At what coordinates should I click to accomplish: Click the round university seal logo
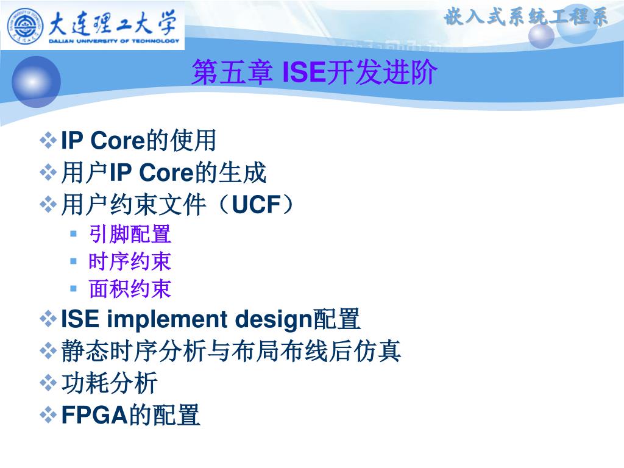click(x=24, y=26)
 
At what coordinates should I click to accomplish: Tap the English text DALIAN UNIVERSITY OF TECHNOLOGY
click(x=114, y=41)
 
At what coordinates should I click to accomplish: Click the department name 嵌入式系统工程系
click(x=525, y=18)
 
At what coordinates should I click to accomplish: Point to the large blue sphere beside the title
click(x=36, y=82)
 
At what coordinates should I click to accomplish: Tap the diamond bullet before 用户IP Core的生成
click(x=48, y=172)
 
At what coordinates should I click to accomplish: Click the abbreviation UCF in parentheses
click(x=257, y=205)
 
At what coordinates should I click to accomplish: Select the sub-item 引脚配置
click(x=130, y=234)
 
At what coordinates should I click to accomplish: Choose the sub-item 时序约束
click(x=130, y=261)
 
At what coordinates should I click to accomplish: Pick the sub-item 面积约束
click(x=130, y=288)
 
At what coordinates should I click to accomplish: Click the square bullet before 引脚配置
click(x=73, y=233)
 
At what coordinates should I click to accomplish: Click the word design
click(x=274, y=320)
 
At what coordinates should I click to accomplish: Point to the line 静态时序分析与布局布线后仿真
click(x=231, y=351)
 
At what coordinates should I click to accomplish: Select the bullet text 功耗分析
click(x=110, y=383)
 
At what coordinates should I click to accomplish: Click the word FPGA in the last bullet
click(x=94, y=414)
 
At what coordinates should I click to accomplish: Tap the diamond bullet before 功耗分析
click(x=48, y=383)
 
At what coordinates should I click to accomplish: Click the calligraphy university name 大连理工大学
click(x=113, y=23)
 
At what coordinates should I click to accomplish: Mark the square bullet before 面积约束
click(x=73, y=288)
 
